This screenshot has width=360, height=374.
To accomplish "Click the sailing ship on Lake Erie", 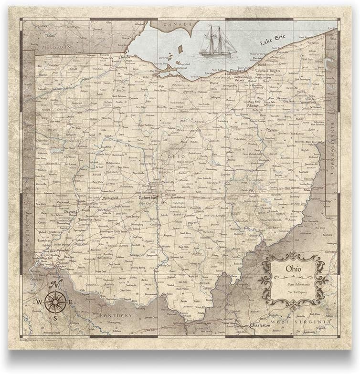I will (x=217, y=42).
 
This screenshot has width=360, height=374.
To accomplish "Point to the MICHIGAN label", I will (x=56, y=47).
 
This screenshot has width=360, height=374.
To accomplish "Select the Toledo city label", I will (x=125, y=57).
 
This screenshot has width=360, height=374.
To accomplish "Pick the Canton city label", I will (x=272, y=130).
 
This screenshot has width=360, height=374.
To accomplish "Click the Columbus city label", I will (x=148, y=197).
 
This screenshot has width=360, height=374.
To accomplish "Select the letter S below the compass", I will (x=55, y=318).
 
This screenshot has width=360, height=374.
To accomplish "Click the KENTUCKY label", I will (x=116, y=316).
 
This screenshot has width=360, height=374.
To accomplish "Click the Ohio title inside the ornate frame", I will (x=293, y=270).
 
